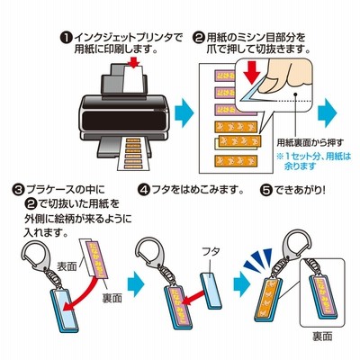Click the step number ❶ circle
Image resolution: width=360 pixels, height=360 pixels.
coord(66,38)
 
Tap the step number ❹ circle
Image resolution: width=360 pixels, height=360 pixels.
coord(144,190)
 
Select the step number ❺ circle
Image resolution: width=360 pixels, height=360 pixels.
coord(266,190)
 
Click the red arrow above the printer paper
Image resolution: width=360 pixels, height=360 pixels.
coord(133,61)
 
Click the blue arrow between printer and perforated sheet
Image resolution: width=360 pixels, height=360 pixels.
coord(184,113)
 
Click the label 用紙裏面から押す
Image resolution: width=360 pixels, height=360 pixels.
coord(310,142)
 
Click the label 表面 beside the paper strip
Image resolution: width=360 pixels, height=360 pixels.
coord(67,266)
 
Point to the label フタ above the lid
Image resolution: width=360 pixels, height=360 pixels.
coord(211,251)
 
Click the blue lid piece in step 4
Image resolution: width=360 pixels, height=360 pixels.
coord(211,291)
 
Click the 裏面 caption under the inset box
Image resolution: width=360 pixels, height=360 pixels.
coord(323,337)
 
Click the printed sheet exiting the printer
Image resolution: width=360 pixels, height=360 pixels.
coord(132,155)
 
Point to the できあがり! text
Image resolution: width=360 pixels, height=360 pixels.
coord(300,190)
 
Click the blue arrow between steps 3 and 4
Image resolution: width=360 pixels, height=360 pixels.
coord(136,284)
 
